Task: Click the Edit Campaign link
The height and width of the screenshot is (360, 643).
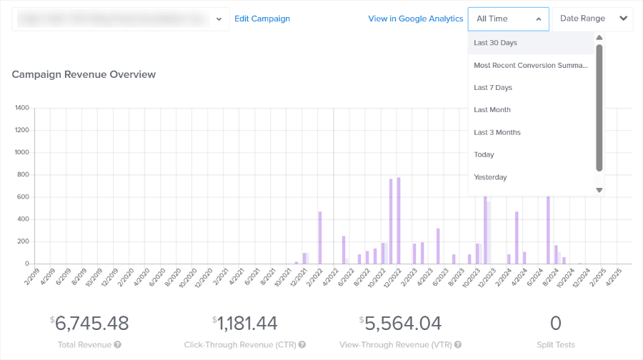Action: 262,19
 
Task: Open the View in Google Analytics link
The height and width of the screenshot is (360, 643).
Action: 415,19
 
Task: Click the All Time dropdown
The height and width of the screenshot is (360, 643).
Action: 508,19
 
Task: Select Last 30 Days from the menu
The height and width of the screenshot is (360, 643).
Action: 495,43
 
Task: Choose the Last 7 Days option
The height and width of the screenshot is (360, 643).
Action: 493,88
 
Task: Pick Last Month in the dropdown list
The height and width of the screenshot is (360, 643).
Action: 492,110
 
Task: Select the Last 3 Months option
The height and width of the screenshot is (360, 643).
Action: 497,132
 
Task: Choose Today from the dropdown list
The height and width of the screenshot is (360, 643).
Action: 484,155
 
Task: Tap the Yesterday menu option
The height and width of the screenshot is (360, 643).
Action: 490,177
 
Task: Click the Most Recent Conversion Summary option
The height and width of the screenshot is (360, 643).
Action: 531,65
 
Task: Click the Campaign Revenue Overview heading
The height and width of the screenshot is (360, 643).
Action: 84,74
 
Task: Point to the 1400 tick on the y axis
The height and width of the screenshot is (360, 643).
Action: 21,109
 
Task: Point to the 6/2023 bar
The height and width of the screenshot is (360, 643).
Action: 438,246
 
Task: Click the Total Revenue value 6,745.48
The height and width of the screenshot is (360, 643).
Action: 92,324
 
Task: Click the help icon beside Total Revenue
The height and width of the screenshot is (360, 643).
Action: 117,345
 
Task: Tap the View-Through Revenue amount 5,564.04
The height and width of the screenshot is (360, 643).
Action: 403,324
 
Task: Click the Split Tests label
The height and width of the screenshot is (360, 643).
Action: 556,345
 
